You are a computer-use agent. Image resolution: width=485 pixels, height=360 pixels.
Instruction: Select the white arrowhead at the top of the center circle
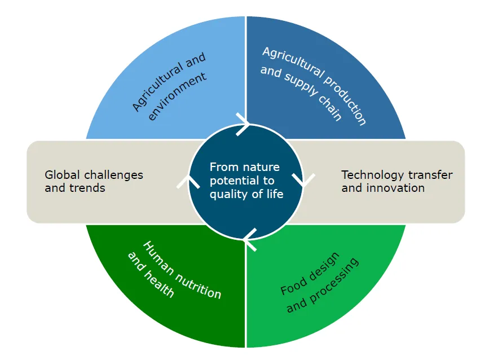point(244,125)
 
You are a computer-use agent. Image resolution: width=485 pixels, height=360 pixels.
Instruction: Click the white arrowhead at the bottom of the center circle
point(249,239)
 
